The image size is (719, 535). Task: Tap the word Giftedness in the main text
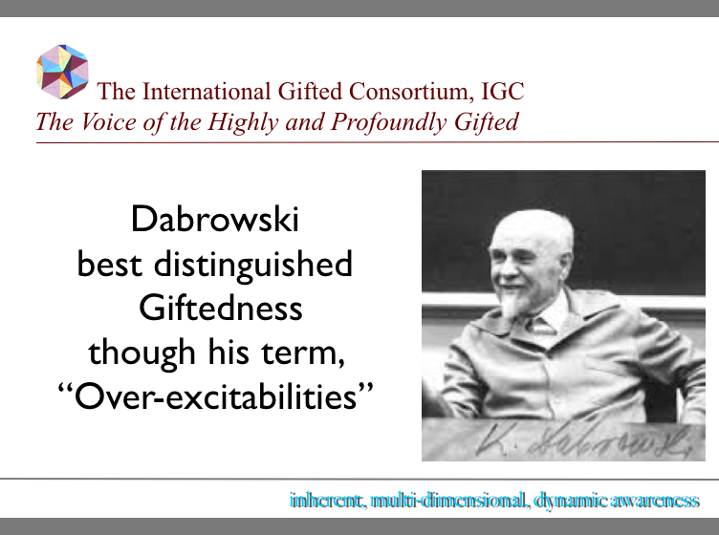point(221,308)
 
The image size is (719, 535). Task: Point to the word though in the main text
point(129,352)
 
